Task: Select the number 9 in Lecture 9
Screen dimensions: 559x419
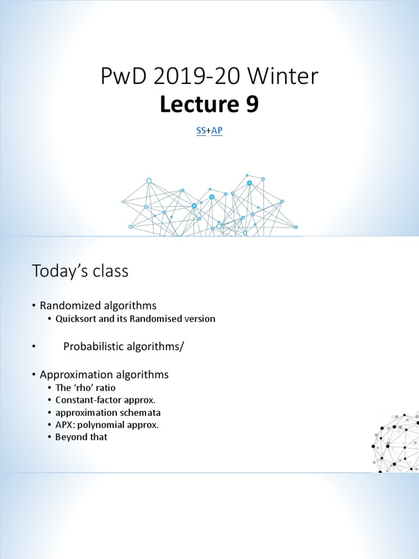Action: coord(252,105)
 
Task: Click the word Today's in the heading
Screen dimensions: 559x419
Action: coord(61,271)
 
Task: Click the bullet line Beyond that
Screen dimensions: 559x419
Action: coord(81,437)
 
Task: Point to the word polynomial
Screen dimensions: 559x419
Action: coord(105,425)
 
